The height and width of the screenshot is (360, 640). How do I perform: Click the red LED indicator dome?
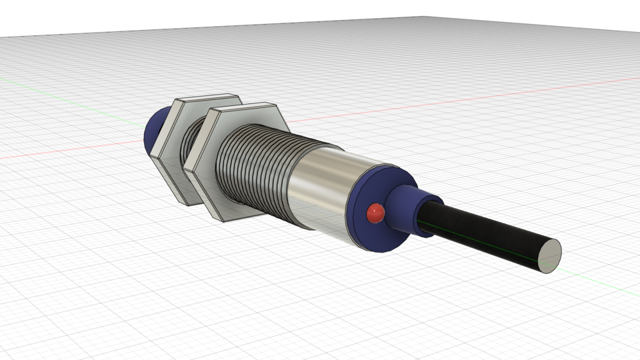coord(375,213)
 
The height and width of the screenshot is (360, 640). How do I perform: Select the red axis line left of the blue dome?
coord(67,151)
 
